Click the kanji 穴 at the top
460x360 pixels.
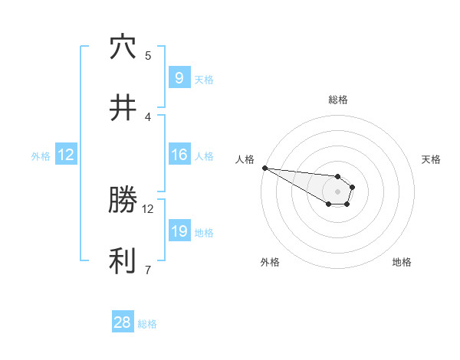click(x=123, y=47)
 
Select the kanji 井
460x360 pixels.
click(x=123, y=108)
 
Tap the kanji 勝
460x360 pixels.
click(x=123, y=201)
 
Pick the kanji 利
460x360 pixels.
click(x=123, y=261)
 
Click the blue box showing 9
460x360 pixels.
click(x=179, y=78)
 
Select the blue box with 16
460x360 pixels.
click(x=179, y=155)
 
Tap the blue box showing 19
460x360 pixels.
click(x=179, y=231)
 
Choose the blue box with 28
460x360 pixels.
click(x=123, y=322)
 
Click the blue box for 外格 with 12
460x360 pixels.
click(x=66, y=155)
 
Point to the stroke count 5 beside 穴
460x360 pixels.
click(x=148, y=55)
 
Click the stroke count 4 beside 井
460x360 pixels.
click(x=148, y=116)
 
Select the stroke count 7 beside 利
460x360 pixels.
click(x=148, y=270)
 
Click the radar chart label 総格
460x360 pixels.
click(x=338, y=100)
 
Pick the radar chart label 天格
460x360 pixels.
click(x=432, y=159)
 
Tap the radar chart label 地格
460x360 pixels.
click(x=402, y=262)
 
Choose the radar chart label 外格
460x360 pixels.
click(x=270, y=262)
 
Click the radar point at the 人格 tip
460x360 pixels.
click(x=264, y=168)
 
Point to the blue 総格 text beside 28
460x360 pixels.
click(x=147, y=324)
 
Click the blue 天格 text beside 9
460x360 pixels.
click(x=204, y=79)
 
